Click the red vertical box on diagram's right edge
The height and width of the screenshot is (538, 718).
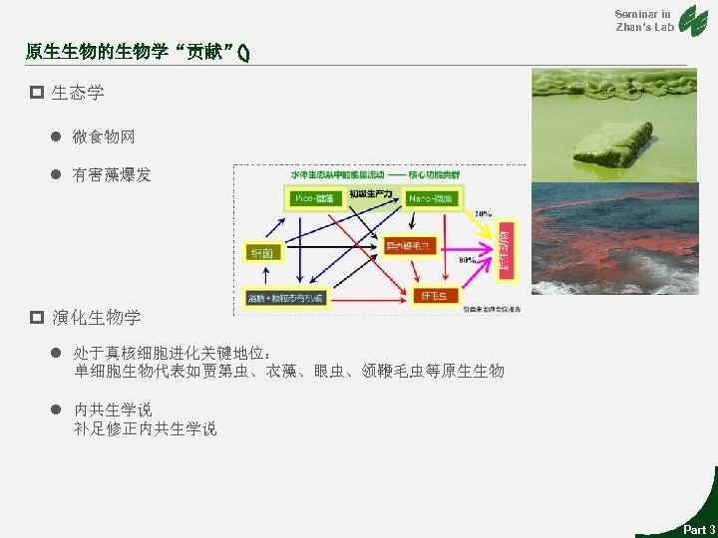507,247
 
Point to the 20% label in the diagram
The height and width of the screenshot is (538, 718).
482,213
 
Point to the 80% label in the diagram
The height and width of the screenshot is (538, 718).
467,260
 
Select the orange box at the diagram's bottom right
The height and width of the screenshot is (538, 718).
436,296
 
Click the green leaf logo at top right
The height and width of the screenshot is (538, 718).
692,21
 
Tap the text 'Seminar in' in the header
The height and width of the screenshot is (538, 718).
642,13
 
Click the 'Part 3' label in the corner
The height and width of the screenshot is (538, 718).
698,529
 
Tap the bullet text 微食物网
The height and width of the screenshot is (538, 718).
104,136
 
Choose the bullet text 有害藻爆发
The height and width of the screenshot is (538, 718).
112,175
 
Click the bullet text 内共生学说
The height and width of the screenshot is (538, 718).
114,409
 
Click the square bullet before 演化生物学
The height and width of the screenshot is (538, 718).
36,318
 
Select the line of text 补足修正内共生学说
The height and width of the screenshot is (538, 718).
145,429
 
